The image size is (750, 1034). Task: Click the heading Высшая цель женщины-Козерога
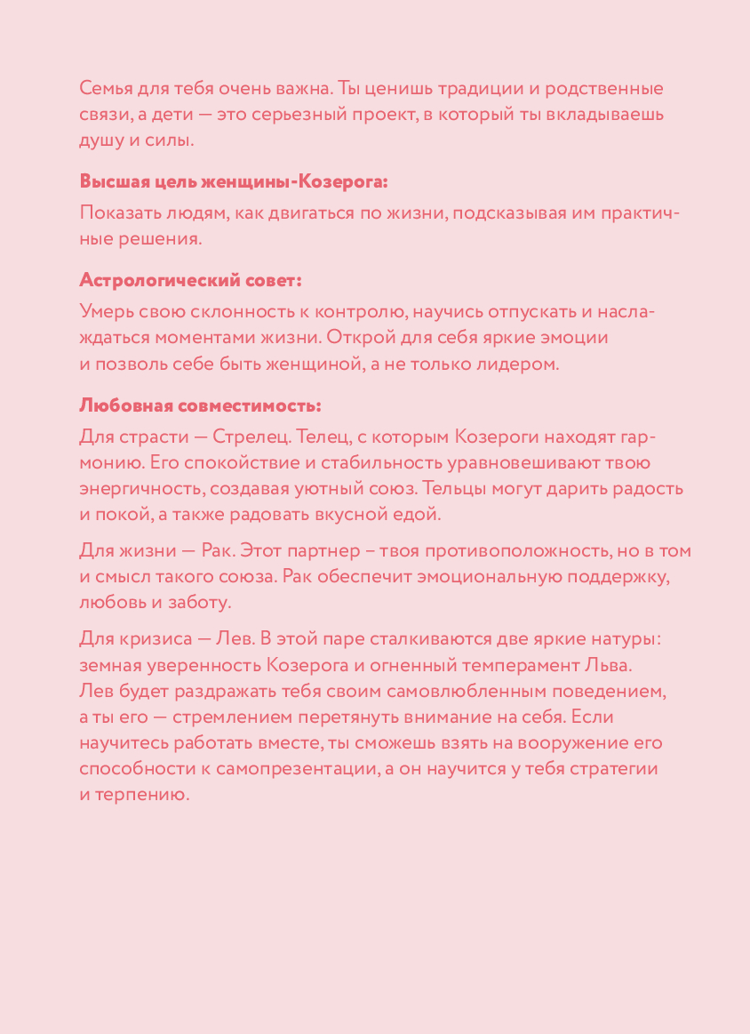(x=234, y=182)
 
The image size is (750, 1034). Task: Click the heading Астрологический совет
(x=190, y=280)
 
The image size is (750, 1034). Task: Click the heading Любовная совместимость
(x=200, y=405)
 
